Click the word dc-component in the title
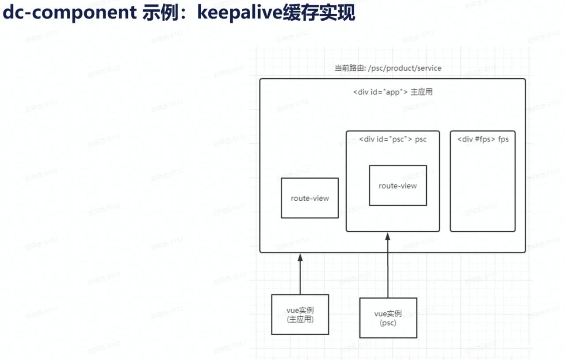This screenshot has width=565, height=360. click(69, 13)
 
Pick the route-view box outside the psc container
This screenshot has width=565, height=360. click(309, 198)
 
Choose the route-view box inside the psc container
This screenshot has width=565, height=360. click(397, 186)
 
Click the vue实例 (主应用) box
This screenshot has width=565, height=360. click(300, 314)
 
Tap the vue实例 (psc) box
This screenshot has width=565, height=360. click(388, 318)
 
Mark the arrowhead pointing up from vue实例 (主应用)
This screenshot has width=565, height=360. click(300, 257)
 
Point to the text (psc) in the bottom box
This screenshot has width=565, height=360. click(388, 323)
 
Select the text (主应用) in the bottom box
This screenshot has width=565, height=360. click(300, 319)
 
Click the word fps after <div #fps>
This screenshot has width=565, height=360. click(503, 139)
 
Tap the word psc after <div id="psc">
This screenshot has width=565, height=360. click(421, 139)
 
